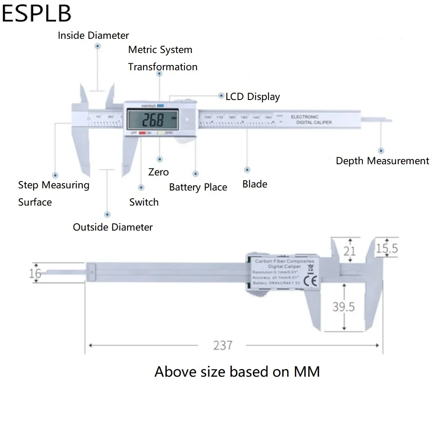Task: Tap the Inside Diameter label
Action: [x=94, y=35]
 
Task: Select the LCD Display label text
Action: [x=253, y=97]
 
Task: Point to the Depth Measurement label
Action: [x=382, y=161]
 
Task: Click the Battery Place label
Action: [x=198, y=187]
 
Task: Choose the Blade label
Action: [x=255, y=184]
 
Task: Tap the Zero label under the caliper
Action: [x=158, y=172]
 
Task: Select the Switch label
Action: [x=144, y=202]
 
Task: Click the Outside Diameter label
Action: [x=112, y=227]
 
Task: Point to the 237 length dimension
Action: [x=223, y=345]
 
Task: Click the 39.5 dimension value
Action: [x=344, y=306]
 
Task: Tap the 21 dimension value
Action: [x=350, y=250]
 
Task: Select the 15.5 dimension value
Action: [x=387, y=249]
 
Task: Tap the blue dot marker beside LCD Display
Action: [x=222, y=96]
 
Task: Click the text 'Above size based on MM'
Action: [x=237, y=372]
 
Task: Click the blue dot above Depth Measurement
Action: [x=381, y=150]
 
